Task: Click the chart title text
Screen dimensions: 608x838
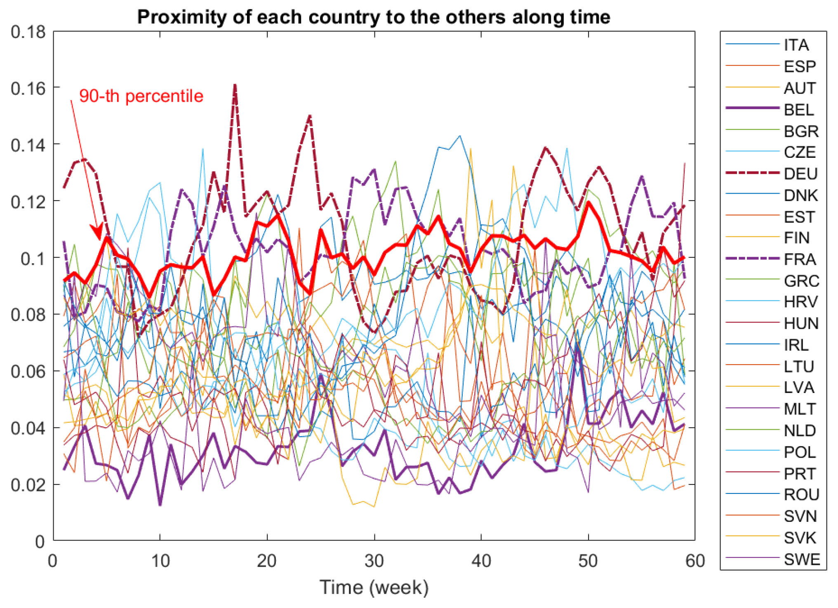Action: (374, 17)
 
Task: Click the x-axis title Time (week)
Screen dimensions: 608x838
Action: (374, 587)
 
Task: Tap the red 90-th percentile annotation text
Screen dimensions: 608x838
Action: (141, 96)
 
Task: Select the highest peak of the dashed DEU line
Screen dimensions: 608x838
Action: (235, 85)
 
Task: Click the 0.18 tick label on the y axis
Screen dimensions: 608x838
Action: (28, 32)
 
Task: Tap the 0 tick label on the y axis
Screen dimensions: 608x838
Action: (40, 541)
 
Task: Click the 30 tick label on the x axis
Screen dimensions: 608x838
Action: (374, 561)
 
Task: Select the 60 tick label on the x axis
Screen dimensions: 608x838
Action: (695, 561)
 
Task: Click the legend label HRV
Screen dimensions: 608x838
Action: (800, 302)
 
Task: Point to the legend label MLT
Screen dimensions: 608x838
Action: (800, 409)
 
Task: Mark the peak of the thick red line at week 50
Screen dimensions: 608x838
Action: (588, 202)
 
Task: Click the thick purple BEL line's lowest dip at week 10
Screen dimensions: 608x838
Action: (160, 504)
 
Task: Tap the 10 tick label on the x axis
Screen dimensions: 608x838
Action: (160, 561)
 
